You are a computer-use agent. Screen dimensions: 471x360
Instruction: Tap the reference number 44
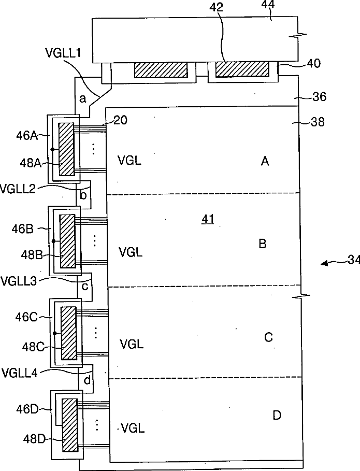point(268,5)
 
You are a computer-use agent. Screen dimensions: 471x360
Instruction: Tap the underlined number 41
point(208,220)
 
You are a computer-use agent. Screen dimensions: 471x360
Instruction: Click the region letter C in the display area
point(268,338)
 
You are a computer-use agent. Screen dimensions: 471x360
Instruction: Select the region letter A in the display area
point(265,162)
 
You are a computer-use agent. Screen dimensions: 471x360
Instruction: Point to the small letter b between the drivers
point(83,195)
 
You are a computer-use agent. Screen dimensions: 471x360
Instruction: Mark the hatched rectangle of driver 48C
point(68,333)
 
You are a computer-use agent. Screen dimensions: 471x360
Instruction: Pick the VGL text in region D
point(132,429)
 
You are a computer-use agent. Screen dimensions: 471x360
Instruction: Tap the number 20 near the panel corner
point(120,120)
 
